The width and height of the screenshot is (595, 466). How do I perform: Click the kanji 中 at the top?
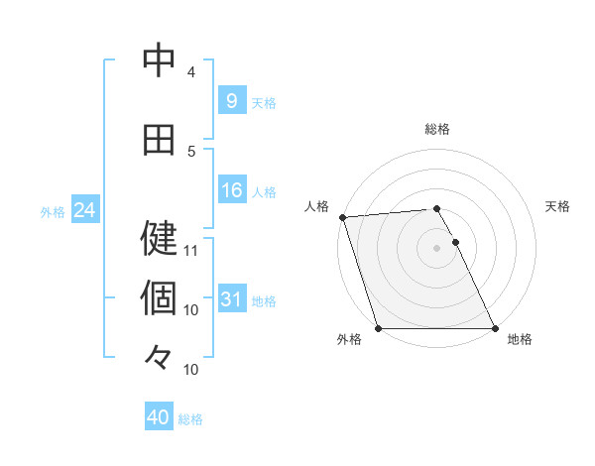tap(159, 61)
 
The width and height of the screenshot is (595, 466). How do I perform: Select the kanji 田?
tap(159, 140)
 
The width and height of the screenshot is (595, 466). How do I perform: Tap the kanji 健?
tap(159, 238)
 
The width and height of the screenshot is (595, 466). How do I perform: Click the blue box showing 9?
tap(231, 100)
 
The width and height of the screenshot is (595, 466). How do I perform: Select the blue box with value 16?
tap(231, 190)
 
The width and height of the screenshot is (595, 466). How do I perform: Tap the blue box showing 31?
tap(231, 299)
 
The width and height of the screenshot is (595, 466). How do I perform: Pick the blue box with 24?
tap(83, 210)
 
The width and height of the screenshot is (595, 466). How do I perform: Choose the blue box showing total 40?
tap(159, 417)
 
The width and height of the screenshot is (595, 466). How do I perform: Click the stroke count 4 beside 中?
tap(191, 72)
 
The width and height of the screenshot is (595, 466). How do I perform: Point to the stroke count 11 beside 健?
tap(191, 250)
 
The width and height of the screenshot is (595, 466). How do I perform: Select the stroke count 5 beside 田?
tap(191, 152)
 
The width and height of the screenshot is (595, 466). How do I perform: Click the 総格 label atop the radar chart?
tap(437, 129)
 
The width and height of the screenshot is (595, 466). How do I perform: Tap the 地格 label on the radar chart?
tap(520, 339)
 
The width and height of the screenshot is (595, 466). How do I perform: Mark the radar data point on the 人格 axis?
tap(342, 217)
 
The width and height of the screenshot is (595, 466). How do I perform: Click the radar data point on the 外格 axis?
tap(378, 328)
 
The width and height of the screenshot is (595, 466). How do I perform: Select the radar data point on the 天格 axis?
tap(455, 242)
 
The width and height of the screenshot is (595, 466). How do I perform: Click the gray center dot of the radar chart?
tap(436, 248)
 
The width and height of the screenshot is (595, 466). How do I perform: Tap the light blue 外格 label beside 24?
tap(53, 211)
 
